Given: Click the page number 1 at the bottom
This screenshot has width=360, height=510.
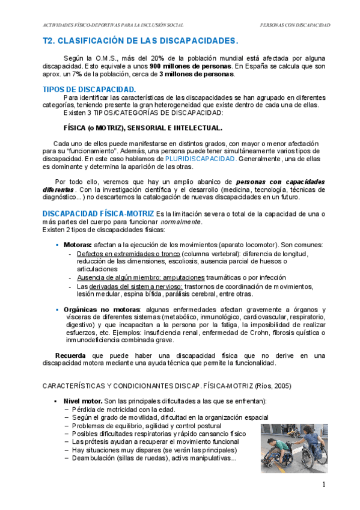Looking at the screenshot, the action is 324,485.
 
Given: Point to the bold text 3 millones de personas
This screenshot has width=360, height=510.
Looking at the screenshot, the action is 197,75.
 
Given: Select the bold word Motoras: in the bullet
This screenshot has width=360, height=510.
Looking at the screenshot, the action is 78,245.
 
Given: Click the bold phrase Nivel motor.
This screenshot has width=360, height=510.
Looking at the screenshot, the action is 82,401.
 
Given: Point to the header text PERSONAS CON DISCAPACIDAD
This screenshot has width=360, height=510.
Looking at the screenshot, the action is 294,25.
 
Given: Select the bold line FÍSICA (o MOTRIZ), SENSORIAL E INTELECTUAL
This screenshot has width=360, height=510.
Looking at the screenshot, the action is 142,127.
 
